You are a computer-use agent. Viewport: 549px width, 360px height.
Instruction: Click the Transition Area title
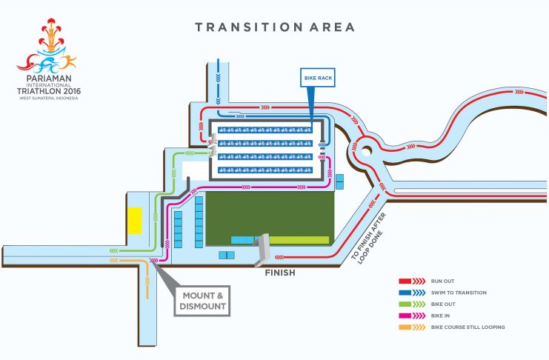tap(275, 27)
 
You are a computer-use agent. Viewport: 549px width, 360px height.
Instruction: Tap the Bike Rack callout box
tap(318, 78)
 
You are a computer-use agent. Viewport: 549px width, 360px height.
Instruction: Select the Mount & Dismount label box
tap(202, 301)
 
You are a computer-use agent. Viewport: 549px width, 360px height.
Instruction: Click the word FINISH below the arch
tap(280, 273)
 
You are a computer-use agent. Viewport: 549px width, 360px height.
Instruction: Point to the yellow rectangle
tap(135, 220)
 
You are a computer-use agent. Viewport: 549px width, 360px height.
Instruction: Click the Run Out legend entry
tap(427, 281)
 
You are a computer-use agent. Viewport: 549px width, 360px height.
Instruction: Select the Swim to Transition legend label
tap(459, 293)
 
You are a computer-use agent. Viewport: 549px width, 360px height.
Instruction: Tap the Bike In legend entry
tap(424, 316)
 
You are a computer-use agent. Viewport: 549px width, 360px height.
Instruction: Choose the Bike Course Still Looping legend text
tap(468, 327)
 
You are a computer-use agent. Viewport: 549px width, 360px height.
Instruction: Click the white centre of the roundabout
tap(366, 151)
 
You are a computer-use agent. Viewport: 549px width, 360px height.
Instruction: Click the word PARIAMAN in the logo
tap(49, 79)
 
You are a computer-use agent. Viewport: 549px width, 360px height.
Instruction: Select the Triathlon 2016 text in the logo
tap(49, 91)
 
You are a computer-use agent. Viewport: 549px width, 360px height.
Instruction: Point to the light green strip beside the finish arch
tap(299, 240)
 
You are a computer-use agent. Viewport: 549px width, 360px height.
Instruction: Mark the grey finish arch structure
tap(262, 250)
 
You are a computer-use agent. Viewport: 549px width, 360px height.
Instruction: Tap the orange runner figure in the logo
tap(69, 61)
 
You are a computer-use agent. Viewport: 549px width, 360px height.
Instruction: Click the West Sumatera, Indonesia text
tap(49, 99)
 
